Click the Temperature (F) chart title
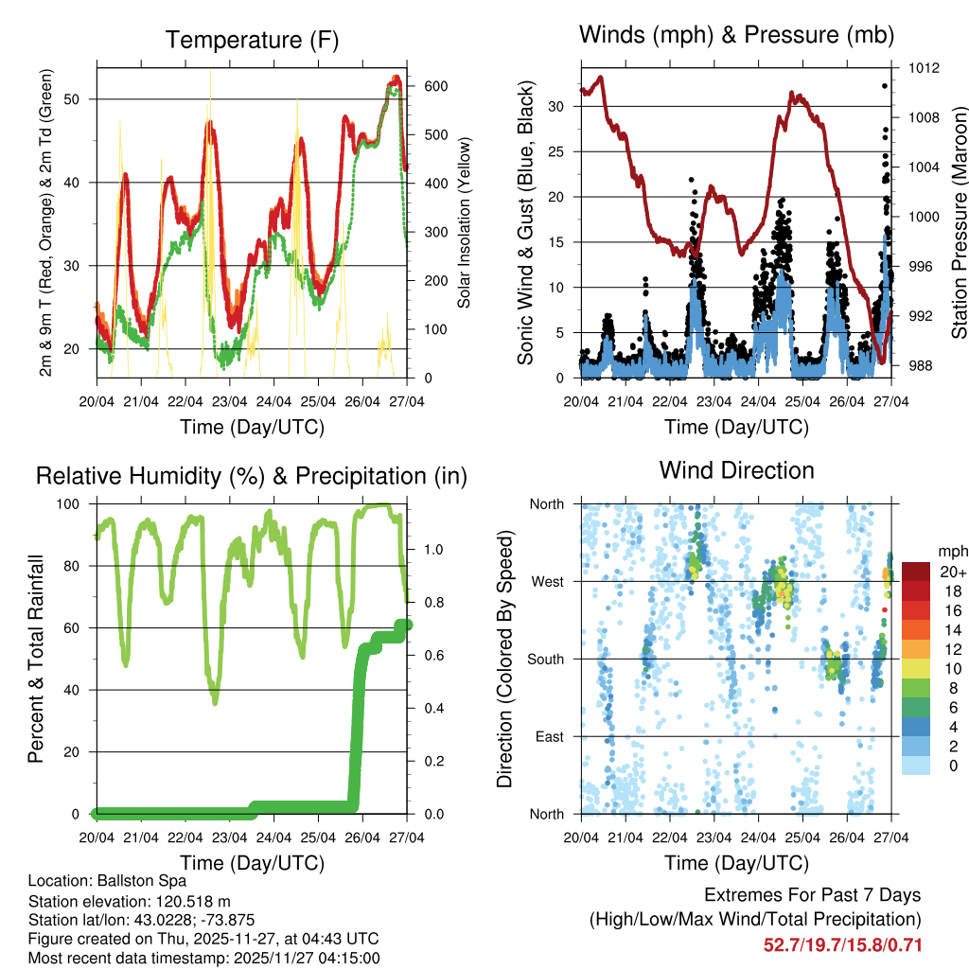tap(252, 40)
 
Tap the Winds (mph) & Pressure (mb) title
tap(736, 36)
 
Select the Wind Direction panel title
tap(736, 469)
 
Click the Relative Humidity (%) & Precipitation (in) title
tap(252, 475)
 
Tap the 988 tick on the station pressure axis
tap(923, 365)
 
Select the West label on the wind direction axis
tap(546, 582)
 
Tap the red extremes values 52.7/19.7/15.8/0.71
tap(842, 944)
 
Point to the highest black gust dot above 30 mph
tap(885, 86)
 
